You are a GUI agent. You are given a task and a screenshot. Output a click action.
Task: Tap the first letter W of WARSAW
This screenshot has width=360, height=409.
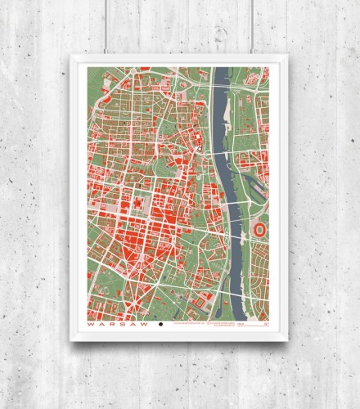pos(91,325)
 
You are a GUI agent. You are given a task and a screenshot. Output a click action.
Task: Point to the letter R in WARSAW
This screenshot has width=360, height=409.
pos(110,325)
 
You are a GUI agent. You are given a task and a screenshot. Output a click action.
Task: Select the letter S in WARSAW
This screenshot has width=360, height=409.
pos(119,325)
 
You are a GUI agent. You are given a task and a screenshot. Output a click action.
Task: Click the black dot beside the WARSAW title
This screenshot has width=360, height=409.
pos(160,325)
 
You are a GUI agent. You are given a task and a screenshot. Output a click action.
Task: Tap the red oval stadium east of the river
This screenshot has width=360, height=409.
pos(261,230)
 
